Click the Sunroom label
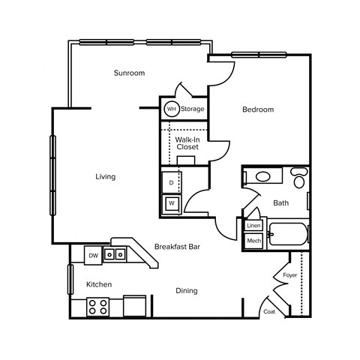click(x=129, y=73)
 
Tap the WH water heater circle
click(x=171, y=109)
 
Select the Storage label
click(x=192, y=109)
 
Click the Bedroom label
click(x=257, y=109)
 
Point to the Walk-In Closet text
click(x=187, y=143)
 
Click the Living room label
click(x=105, y=177)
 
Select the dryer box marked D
click(x=171, y=183)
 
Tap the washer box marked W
click(x=171, y=203)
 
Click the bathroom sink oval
click(x=263, y=178)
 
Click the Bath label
click(x=280, y=202)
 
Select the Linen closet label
click(x=253, y=226)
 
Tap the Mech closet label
click(x=253, y=241)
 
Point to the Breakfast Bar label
click(x=175, y=246)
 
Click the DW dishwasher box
click(x=93, y=256)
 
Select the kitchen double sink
click(x=115, y=255)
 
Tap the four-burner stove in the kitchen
click(x=97, y=306)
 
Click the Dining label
click(x=187, y=290)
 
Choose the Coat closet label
click(x=268, y=312)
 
